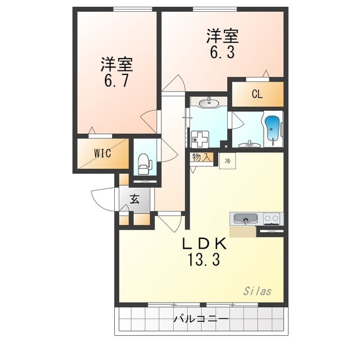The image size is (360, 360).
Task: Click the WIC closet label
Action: (x=102, y=153)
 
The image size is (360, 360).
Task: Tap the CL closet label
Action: (x=257, y=94)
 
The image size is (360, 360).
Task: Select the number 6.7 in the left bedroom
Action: (x=116, y=80)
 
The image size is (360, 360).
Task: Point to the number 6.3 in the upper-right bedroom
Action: (x=222, y=52)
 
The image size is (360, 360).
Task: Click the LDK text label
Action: (x=205, y=244)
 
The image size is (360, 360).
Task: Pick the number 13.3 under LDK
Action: (x=204, y=260)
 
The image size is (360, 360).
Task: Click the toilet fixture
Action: (x=145, y=164)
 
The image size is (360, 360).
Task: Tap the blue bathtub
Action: (x=272, y=130)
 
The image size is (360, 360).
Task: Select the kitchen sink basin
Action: (x=245, y=219)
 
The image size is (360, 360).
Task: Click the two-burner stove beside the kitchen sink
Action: (x=272, y=219)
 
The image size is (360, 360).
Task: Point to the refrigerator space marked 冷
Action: (x=227, y=161)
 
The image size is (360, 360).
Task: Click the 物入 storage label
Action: (x=201, y=157)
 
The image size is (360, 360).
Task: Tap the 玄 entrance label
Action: (x=135, y=199)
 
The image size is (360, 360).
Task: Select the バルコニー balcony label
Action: (x=201, y=319)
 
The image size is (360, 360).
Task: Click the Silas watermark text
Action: (x=257, y=291)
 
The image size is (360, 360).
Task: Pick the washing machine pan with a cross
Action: (x=200, y=139)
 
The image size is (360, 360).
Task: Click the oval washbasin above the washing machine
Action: (x=209, y=103)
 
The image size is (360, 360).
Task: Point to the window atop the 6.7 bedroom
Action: (x=133, y=9)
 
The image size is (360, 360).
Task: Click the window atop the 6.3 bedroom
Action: (x=215, y=9)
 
